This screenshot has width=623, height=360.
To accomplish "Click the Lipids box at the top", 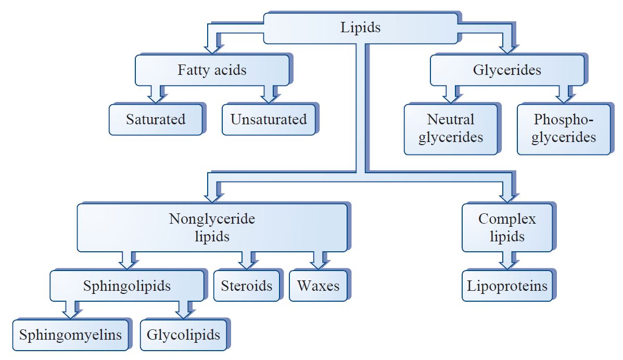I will tap(361, 28).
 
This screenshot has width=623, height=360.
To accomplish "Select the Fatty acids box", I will tap(212, 70).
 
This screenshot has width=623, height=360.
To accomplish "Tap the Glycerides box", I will tap(506, 70).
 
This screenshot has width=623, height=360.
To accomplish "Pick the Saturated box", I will tap(155, 120).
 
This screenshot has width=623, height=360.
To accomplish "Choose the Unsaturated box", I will tap(268, 120).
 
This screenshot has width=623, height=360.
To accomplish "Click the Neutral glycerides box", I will tap(450, 128).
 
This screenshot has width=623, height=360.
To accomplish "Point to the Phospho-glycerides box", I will tap(563, 128).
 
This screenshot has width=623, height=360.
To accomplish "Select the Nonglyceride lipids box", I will tap(212, 227).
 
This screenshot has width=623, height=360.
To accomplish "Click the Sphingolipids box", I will tap(126, 286).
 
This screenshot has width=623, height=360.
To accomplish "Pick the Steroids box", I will tap(246, 286).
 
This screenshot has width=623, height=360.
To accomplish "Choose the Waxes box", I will tap(318, 286).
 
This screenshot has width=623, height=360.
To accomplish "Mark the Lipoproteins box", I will tap(506, 286).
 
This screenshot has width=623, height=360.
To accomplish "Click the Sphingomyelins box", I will tap(70, 334).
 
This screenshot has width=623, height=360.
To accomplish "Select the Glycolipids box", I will tap(183, 334).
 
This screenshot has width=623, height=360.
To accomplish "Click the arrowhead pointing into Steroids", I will tap(246, 263).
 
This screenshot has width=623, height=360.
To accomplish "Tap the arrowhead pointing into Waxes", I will tap(318, 263).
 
